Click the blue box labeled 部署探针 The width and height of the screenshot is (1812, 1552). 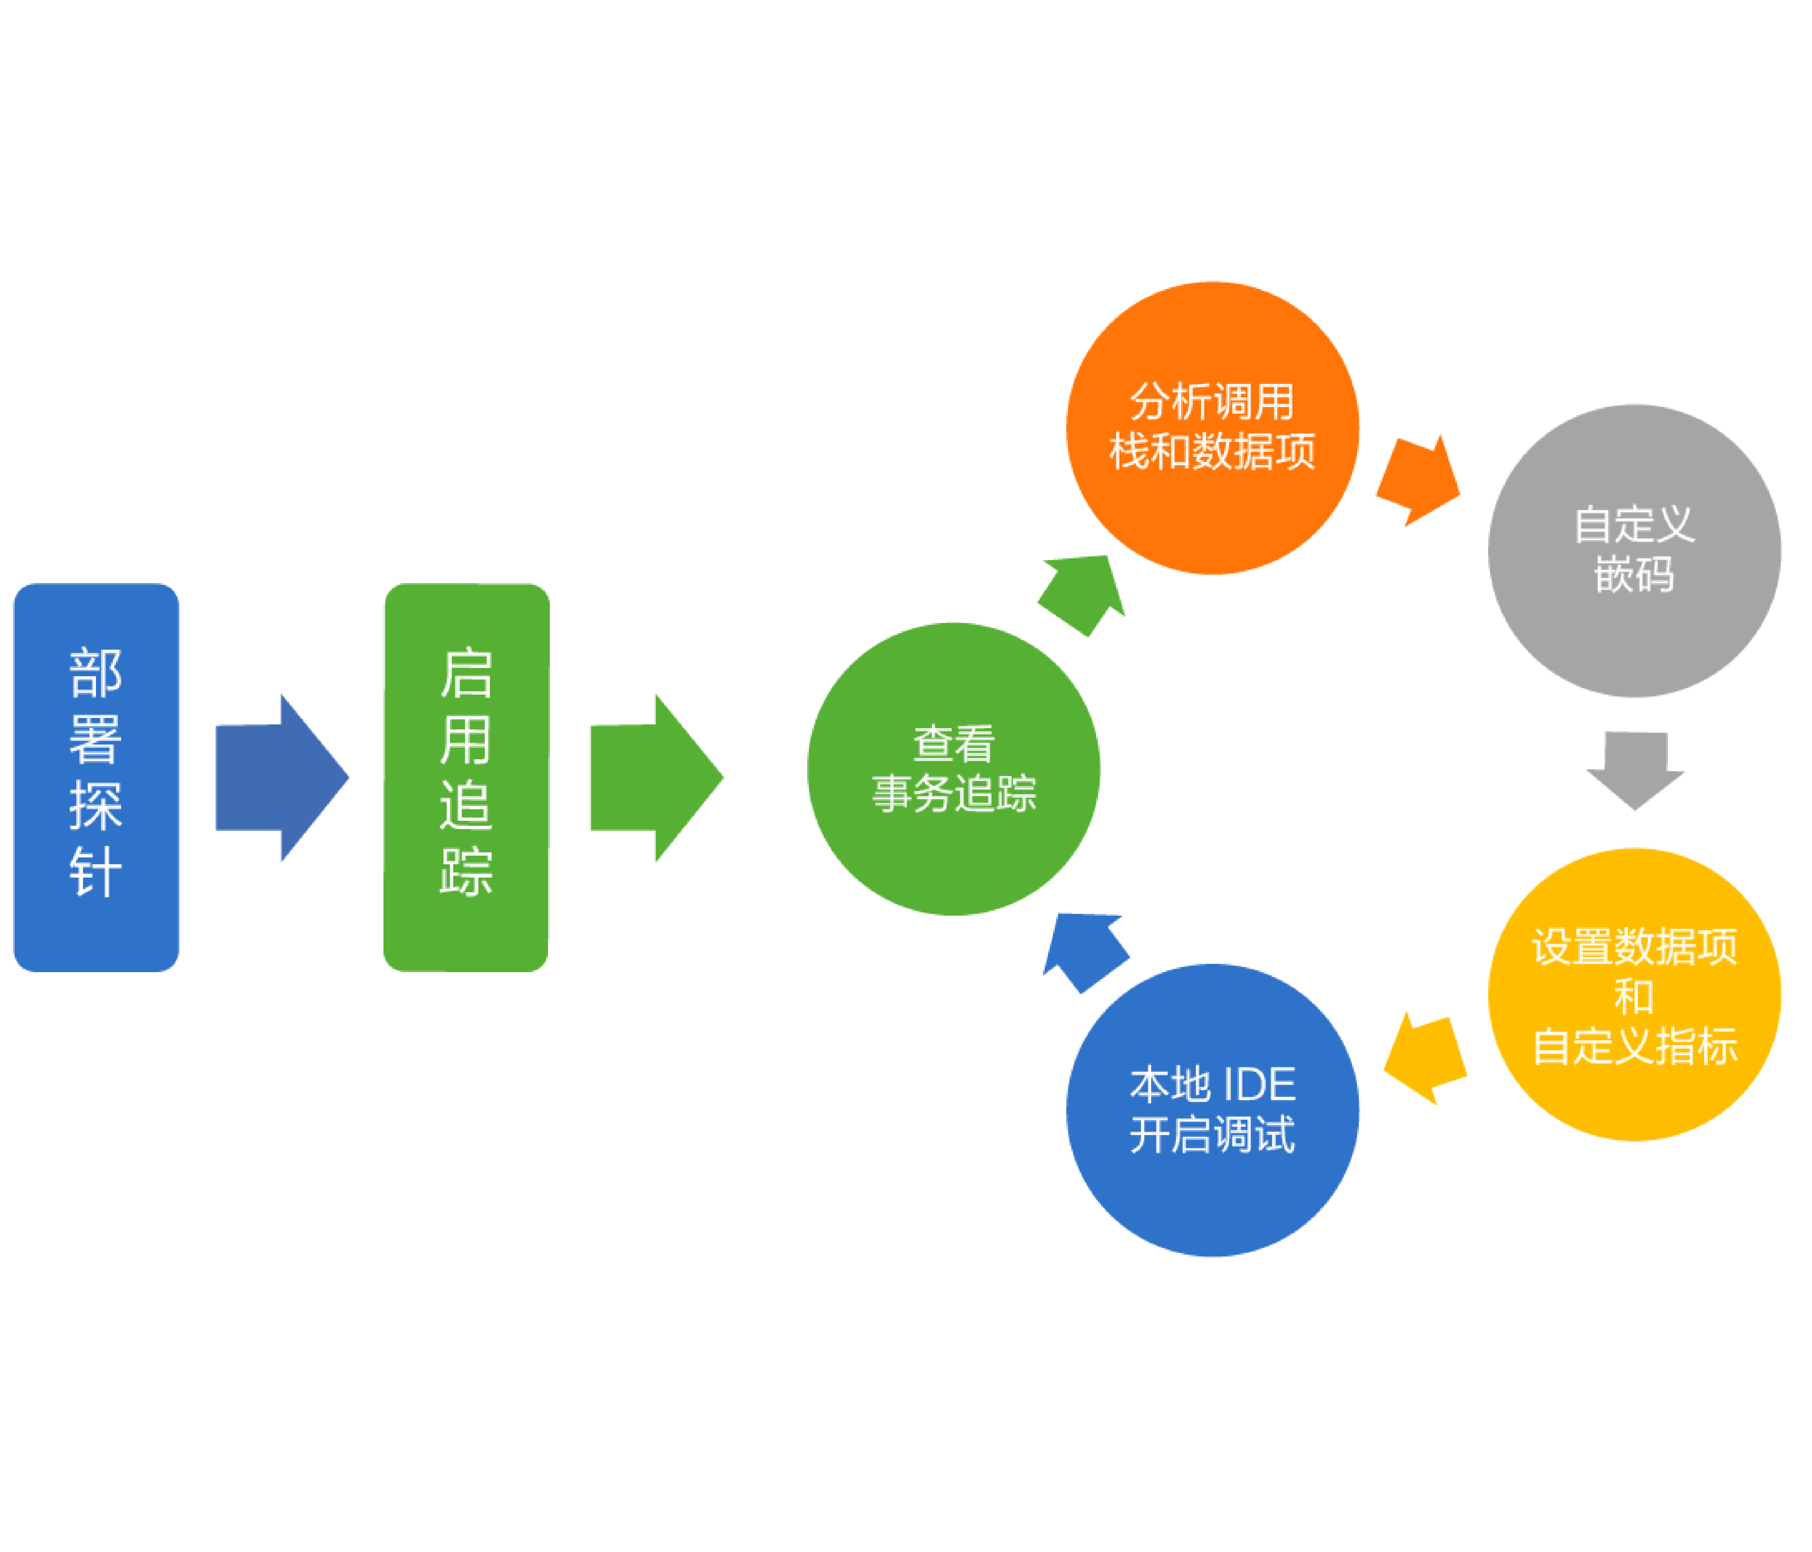(96, 777)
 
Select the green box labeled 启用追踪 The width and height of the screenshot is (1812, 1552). (466, 777)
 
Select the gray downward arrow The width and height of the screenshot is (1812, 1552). (1635, 768)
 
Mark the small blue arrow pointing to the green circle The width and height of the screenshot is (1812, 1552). (1084, 952)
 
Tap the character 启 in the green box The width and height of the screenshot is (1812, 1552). (466, 674)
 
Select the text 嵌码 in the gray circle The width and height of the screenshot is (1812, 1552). (1634, 575)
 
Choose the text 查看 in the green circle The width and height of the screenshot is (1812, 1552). (953, 743)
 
